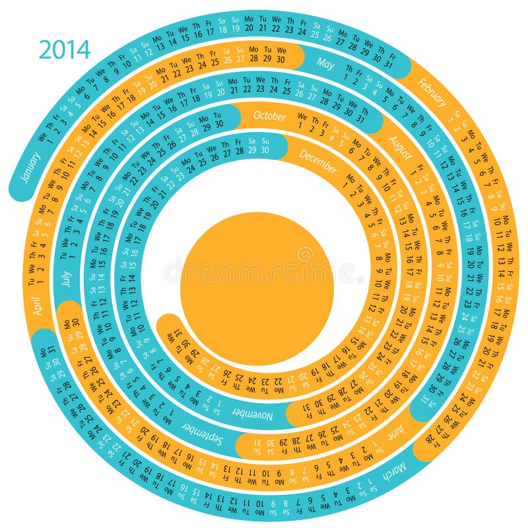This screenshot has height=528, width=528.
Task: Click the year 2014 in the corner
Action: click(64, 49)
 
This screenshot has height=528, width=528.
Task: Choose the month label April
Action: click(38, 305)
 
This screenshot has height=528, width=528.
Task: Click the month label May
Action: click(325, 63)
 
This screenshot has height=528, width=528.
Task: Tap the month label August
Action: click(401, 149)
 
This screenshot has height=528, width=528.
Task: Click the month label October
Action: click(270, 116)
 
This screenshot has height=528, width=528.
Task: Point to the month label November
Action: click(251, 414)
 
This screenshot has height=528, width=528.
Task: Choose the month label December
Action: click(318, 162)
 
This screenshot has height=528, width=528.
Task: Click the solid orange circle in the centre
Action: click(257, 288)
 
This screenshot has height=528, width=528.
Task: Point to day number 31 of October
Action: click(360, 119)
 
